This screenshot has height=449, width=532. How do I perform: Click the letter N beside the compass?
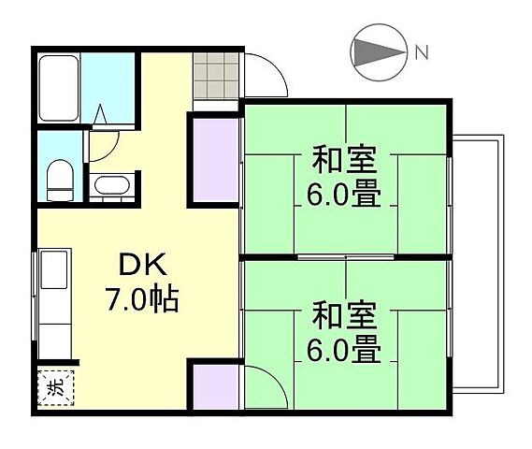pyautogui.click(x=422, y=52)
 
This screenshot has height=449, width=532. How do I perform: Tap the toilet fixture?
pyautogui.click(x=59, y=178)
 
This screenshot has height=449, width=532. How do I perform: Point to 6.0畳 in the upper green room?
pyautogui.click(x=345, y=197)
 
